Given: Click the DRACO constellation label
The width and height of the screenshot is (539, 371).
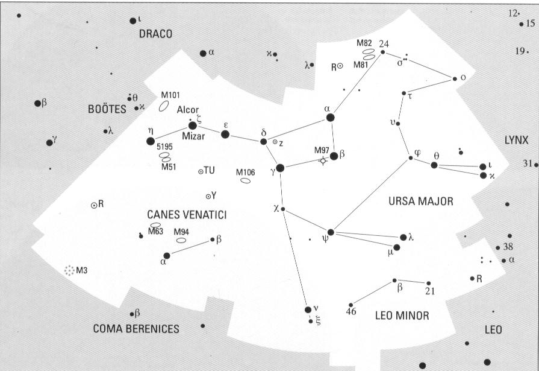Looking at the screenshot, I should (155, 34).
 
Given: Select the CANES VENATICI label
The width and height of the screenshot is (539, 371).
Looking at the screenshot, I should (187, 215).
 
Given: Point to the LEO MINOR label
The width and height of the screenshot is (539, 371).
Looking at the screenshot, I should (402, 315).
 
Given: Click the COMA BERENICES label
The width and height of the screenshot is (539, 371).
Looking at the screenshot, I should (136, 329).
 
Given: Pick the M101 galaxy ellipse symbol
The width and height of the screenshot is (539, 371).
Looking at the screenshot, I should (163, 107).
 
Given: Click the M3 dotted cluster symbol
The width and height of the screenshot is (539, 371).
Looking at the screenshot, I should (70, 270).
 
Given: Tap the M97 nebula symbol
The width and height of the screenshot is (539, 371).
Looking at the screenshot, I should (324, 160).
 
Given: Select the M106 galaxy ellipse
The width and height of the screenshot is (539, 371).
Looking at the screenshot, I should (245, 180).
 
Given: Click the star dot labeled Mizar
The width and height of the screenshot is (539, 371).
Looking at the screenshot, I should (193, 125).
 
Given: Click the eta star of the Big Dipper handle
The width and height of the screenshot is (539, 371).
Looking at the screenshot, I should (151, 141).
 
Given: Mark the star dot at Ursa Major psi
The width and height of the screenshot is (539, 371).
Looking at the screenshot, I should (331, 232).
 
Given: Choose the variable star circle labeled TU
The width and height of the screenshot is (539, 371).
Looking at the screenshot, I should (201, 172).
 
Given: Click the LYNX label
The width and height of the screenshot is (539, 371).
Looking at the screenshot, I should (516, 140).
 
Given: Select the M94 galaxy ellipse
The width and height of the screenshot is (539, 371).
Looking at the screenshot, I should (181, 240).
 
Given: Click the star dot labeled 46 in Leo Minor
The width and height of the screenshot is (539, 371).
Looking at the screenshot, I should (351, 305).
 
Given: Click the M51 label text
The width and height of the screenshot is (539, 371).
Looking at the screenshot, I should (168, 167).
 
